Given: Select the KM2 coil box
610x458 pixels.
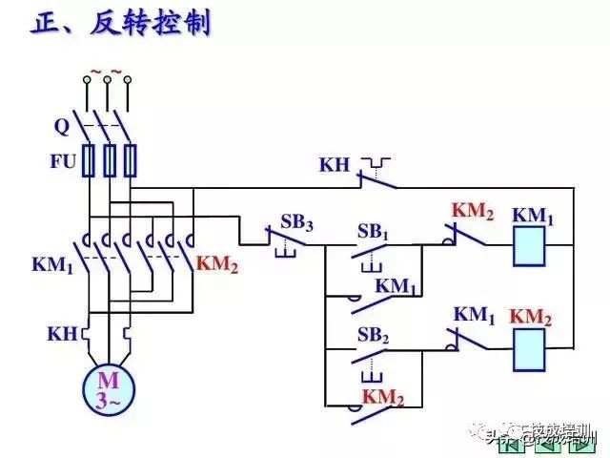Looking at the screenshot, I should point(532,350).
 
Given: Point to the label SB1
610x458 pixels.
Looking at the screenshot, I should point(373,232).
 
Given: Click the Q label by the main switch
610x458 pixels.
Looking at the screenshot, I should point(61,124).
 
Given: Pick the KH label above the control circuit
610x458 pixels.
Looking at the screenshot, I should point(335,165).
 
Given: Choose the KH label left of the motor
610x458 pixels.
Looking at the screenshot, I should point(62,334).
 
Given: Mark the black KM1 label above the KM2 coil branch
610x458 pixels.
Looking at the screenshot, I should point(474,314).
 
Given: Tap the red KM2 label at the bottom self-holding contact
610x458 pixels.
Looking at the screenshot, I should point(383,396).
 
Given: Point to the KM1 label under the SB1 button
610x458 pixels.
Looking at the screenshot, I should point(396,285).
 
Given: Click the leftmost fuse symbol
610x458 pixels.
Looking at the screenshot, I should point(89,160).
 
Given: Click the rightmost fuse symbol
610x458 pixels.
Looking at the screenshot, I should point(131,160).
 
